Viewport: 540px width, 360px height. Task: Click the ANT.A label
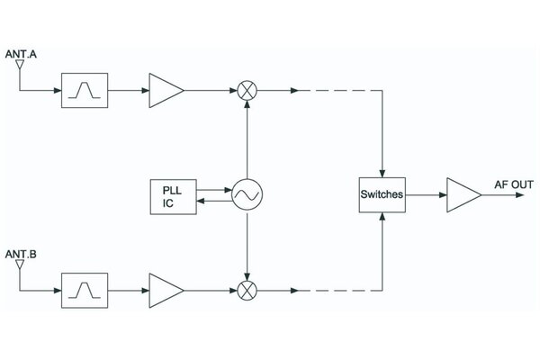[x=21, y=54]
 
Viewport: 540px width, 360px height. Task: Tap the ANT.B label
[x=21, y=254]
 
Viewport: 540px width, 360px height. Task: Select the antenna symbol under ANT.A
[x=20, y=65]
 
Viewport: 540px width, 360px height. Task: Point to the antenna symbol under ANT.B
[x=20, y=265]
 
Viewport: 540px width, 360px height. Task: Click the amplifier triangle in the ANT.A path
[x=166, y=90]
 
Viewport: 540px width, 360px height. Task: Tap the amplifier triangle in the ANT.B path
[x=166, y=291]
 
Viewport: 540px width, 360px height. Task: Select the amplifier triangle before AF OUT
[x=463, y=195]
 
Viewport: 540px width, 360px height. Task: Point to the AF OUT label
[x=514, y=184]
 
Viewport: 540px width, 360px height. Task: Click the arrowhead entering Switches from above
[x=382, y=174]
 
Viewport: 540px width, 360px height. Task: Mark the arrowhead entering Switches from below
[x=382, y=217]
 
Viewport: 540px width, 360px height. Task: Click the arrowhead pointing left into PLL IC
[x=201, y=201]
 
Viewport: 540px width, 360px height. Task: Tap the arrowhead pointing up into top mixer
[x=247, y=104]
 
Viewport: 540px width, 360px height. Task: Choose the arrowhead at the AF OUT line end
[x=520, y=195]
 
